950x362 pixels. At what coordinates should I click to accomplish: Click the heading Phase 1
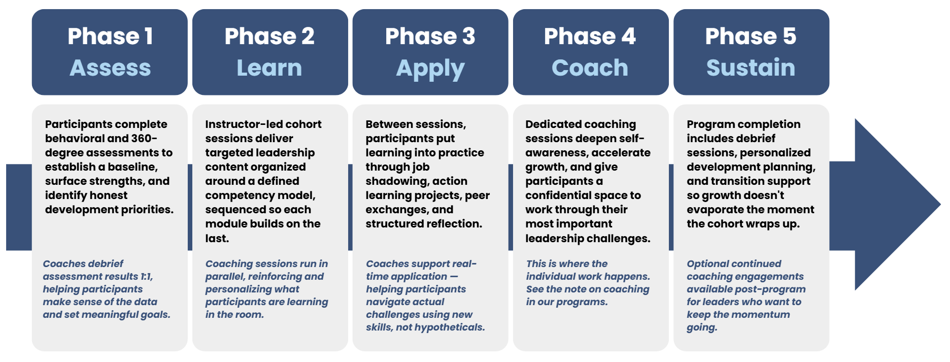[x=110, y=36]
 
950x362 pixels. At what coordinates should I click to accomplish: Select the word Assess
[x=110, y=68]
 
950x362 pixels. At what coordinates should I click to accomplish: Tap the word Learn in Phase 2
[x=269, y=68]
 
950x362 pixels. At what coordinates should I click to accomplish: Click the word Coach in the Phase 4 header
[x=590, y=68]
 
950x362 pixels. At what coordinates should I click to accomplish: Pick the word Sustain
[x=751, y=68]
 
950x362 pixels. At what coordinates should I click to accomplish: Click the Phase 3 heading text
[x=430, y=36]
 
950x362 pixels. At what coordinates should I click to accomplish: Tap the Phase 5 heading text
[x=751, y=36]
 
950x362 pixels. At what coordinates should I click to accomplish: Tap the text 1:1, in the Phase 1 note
[x=147, y=276]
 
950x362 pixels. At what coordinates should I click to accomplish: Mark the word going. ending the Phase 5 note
[x=702, y=327]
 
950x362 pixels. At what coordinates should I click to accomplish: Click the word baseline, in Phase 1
[x=133, y=167]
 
